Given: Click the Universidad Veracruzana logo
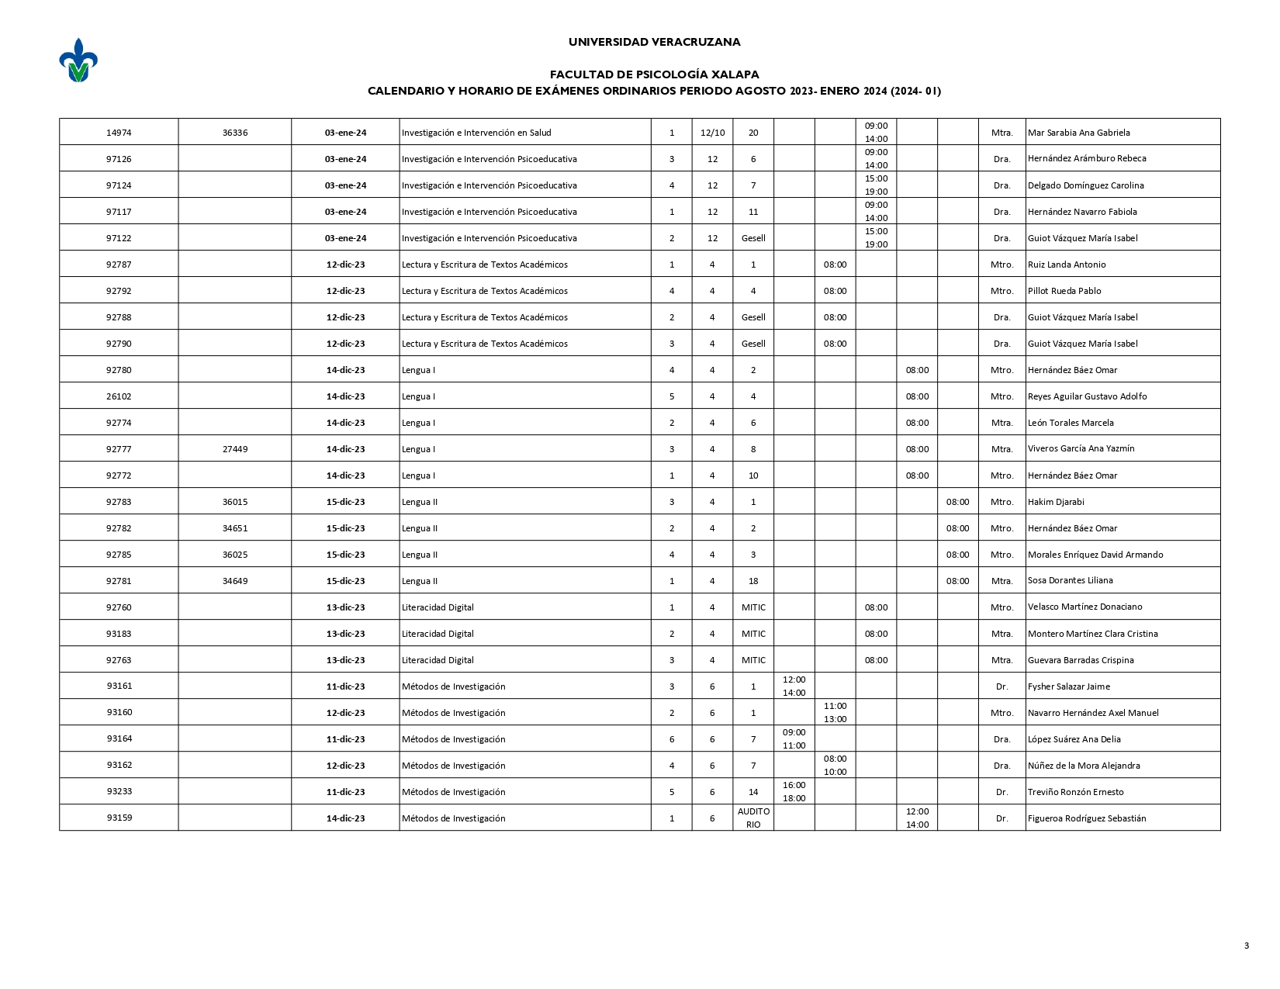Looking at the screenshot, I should pyautogui.click(x=78, y=61).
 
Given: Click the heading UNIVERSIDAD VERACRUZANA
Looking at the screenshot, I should pyautogui.click(x=654, y=42).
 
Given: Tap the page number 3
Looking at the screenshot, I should pyautogui.click(x=1246, y=945).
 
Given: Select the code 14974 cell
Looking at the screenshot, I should pyautogui.click(x=119, y=133).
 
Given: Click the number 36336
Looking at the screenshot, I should pyautogui.click(x=235, y=133).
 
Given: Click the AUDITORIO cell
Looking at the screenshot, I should pyautogui.click(x=753, y=818).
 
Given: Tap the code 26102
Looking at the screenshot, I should pyautogui.click(x=119, y=396).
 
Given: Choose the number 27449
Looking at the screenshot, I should pyautogui.click(x=235, y=449).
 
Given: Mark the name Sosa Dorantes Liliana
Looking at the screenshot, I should pyautogui.click(x=1070, y=580).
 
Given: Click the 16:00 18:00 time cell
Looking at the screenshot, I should pyautogui.click(x=794, y=791).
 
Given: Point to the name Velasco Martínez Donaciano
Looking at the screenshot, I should pyautogui.click(x=1085, y=607).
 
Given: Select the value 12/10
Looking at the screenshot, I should pyautogui.click(x=712, y=133).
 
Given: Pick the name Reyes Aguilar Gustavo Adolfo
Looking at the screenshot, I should pyautogui.click(x=1087, y=396).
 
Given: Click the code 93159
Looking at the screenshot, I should pyautogui.click(x=119, y=818).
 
